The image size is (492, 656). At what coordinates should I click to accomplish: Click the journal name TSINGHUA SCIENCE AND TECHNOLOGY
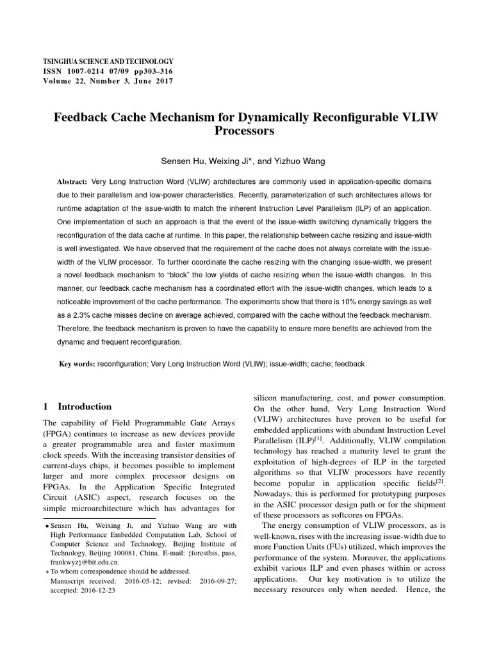(x=108, y=60)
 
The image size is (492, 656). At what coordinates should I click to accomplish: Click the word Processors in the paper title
(x=245, y=131)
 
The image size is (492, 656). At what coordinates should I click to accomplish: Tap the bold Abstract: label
(x=73, y=182)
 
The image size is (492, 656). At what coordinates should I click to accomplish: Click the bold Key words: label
(x=77, y=364)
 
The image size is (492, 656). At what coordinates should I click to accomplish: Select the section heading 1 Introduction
(x=77, y=407)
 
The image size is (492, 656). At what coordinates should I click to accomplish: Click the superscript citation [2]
(x=440, y=480)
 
